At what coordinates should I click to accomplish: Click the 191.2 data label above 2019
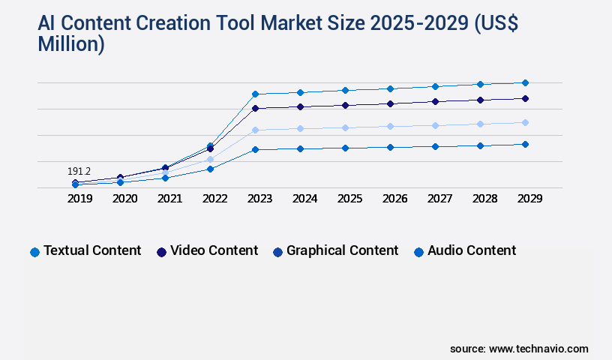pyautogui.click(x=79, y=172)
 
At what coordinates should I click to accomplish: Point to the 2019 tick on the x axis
pyautogui.click(x=79, y=199)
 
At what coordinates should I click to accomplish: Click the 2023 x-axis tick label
pyautogui.click(x=259, y=199)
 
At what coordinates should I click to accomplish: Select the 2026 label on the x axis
pyautogui.click(x=394, y=199)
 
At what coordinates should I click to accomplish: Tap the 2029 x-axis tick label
pyautogui.click(x=529, y=199)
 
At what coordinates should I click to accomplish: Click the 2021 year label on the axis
pyautogui.click(x=169, y=199)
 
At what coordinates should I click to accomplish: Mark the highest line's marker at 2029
pyautogui.click(x=525, y=82)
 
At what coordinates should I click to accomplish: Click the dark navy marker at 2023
pyautogui.click(x=255, y=108)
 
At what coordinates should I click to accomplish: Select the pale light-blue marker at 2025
pyautogui.click(x=345, y=127)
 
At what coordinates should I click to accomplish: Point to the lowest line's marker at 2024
pyautogui.click(x=300, y=148)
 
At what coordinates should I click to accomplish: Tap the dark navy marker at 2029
pyautogui.click(x=525, y=98)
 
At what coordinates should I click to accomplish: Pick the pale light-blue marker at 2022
pyautogui.click(x=210, y=159)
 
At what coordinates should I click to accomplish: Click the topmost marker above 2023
pyautogui.click(x=255, y=94)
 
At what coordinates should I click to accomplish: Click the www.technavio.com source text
pyautogui.click(x=538, y=349)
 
